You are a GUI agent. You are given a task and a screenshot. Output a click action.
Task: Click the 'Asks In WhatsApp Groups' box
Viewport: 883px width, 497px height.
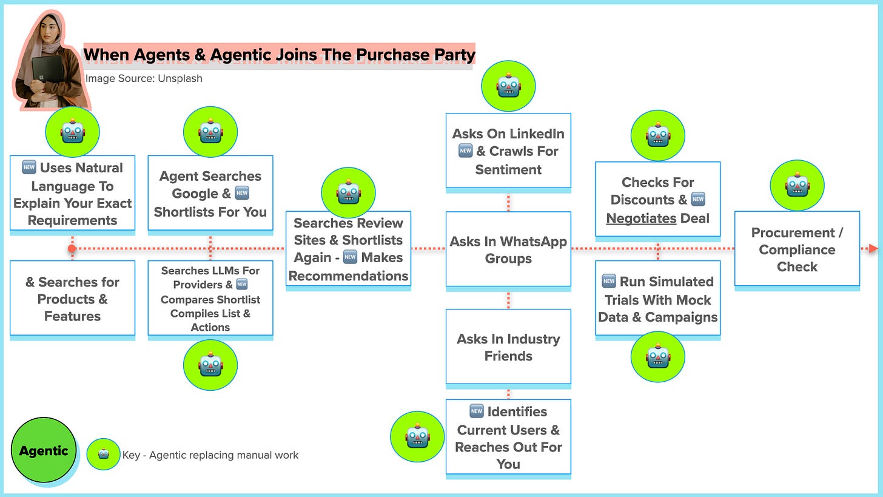pyautogui.click(x=508, y=249)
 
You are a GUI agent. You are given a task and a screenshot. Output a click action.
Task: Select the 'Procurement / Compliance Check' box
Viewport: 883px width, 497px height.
pyautogui.click(x=797, y=249)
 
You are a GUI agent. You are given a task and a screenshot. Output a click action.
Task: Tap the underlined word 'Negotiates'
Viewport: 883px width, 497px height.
pyautogui.click(x=641, y=218)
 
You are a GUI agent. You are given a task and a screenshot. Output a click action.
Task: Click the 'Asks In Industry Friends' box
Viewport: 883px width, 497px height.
pyautogui.click(x=508, y=347)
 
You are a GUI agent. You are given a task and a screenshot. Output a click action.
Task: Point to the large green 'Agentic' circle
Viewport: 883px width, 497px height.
pyautogui.click(x=44, y=450)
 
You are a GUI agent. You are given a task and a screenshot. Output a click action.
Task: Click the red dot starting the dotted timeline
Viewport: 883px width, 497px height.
pyautogui.click(x=72, y=249)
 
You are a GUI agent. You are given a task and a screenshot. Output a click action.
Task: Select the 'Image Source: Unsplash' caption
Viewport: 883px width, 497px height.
pyautogui.click(x=144, y=78)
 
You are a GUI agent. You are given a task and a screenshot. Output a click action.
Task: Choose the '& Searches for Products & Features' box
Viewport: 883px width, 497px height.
pyautogui.click(x=72, y=298)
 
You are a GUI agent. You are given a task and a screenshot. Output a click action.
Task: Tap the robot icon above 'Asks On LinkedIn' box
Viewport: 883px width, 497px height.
pyautogui.click(x=508, y=86)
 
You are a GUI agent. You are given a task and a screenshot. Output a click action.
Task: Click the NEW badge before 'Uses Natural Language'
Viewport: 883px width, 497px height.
pyautogui.click(x=29, y=167)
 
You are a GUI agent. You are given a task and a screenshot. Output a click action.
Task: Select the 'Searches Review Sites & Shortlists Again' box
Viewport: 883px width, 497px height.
pyautogui.click(x=348, y=249)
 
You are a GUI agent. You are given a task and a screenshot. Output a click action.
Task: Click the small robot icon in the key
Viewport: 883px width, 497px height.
pyautogui.click(x=103, y=454)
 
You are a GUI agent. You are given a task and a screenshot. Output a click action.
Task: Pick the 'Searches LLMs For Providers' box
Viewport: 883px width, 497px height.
pyautogui.click(x=210, y=298)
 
